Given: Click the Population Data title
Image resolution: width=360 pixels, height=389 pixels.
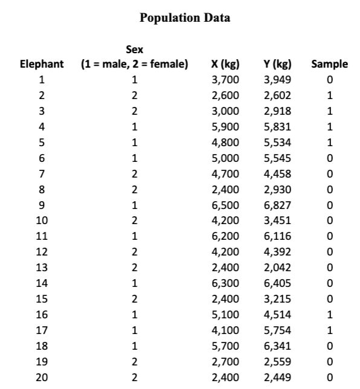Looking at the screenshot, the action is pos(184,18).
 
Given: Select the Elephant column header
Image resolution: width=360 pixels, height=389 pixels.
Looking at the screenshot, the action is pos(41,63).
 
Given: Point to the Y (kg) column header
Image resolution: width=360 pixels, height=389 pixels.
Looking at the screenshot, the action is pos(277,63).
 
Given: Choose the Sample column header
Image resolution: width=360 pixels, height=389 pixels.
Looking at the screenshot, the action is pos(329,63).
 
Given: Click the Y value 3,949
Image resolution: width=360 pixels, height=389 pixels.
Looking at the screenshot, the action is pos(277,79).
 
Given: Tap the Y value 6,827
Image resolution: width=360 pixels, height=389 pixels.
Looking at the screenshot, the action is pos(277,205).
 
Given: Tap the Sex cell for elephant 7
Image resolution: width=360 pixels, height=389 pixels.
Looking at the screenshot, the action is pos(135,174).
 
